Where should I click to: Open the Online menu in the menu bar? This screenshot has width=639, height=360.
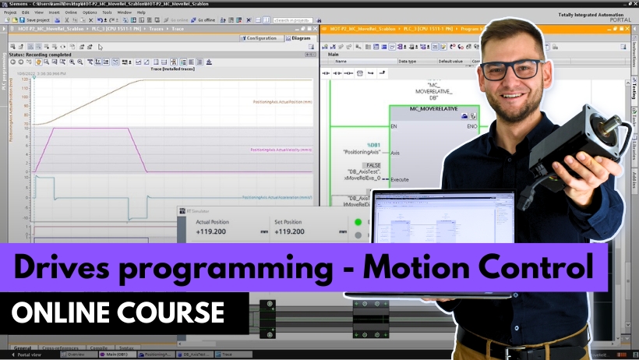[x=70, y=12]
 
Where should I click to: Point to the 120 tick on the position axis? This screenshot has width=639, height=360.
[x=25, y=79]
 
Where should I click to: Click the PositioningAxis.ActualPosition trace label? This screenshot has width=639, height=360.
[x=282, y=102]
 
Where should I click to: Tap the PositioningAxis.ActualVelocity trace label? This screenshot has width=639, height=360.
[x=281, y=149]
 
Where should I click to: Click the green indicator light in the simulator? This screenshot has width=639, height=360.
[x=358, y=222]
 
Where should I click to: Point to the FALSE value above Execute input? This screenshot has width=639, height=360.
[x=373, y=165]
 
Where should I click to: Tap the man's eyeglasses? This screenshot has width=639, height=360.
[x=512, y=69]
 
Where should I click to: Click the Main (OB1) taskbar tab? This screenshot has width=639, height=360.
[x=118, y=355]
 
